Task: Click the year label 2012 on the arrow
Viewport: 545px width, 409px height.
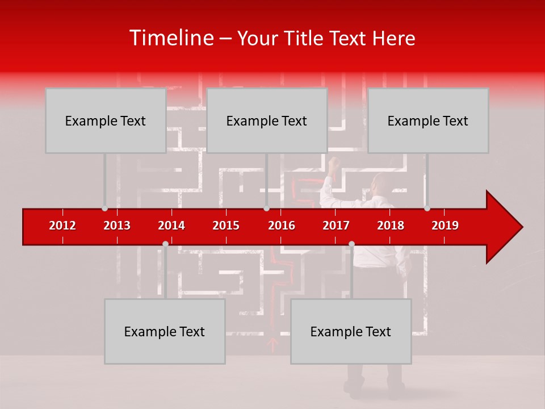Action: click(x=62, y=226)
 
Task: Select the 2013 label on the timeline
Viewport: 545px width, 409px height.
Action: click(x=117, y=226)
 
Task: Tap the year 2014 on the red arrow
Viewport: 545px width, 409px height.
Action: click(x=171, y=226)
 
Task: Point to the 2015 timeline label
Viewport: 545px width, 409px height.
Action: click(x=226, y=226)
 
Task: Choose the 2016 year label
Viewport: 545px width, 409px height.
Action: click(x=282, y=226)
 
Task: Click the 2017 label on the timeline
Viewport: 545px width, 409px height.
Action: click(x=336, y=226)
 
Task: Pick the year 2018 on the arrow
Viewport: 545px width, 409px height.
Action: click(x=391, y=226)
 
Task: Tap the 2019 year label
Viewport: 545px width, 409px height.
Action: click(x=445, y=226)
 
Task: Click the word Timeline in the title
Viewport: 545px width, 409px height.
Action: click(x=170, y=38)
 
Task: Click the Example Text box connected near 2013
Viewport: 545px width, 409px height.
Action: click(x=106, y=120)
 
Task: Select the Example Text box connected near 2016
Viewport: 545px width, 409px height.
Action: click(x=267, y=120)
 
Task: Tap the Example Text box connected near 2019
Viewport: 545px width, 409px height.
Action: click(x=428, y=120)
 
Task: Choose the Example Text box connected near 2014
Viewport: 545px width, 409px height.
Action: click(x=165, y=331)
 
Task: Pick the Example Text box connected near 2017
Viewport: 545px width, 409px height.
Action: click(x=351, y=331)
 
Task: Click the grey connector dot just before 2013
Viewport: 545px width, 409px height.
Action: click(x=104, y=208)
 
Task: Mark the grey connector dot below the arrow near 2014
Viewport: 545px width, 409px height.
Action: click(x=165, y=244)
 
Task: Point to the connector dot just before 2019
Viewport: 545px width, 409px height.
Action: click(x=427, y=208)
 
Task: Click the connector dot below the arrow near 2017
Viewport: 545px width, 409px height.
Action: click(x=351, y=244)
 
